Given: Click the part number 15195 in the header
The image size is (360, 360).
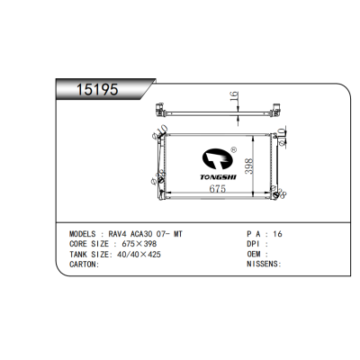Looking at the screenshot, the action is point(97,89).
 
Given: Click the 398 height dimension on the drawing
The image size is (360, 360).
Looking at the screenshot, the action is point(249,166).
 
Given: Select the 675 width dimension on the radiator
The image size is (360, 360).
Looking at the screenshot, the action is point(217,189).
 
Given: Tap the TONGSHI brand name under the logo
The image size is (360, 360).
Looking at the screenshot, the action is point(219,177).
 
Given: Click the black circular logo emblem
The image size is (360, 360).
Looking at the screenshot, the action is point(217,159).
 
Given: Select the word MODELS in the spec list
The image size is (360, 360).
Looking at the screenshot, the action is point(82,234).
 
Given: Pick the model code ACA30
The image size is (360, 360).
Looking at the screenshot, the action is point(141,234).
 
